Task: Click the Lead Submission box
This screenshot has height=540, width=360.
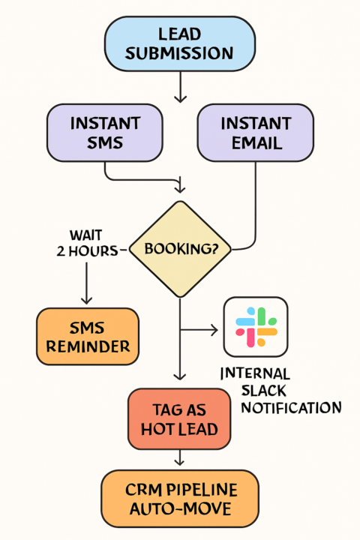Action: [x=179, y=43]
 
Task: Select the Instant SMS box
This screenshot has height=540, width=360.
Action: [x=104, y=133]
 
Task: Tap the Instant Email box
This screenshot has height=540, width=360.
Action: [x=256, y=133]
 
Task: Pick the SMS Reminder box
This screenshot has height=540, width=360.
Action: [x=87, y=336]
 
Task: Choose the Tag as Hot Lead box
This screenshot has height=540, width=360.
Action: [x=179, y=418]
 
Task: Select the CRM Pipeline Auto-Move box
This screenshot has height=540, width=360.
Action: [x=179, y=499]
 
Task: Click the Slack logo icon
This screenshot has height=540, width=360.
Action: [x=256, y=327]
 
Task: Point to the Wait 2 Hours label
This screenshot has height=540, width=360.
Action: [x=86, y=243]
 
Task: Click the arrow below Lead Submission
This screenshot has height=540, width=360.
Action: [x=179, y=88]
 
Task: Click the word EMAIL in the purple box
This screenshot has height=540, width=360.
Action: [x=256, y=142]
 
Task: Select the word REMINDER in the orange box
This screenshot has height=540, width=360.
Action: [x=87, y=346]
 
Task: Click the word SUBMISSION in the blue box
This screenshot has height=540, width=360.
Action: [x=179, y=53]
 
